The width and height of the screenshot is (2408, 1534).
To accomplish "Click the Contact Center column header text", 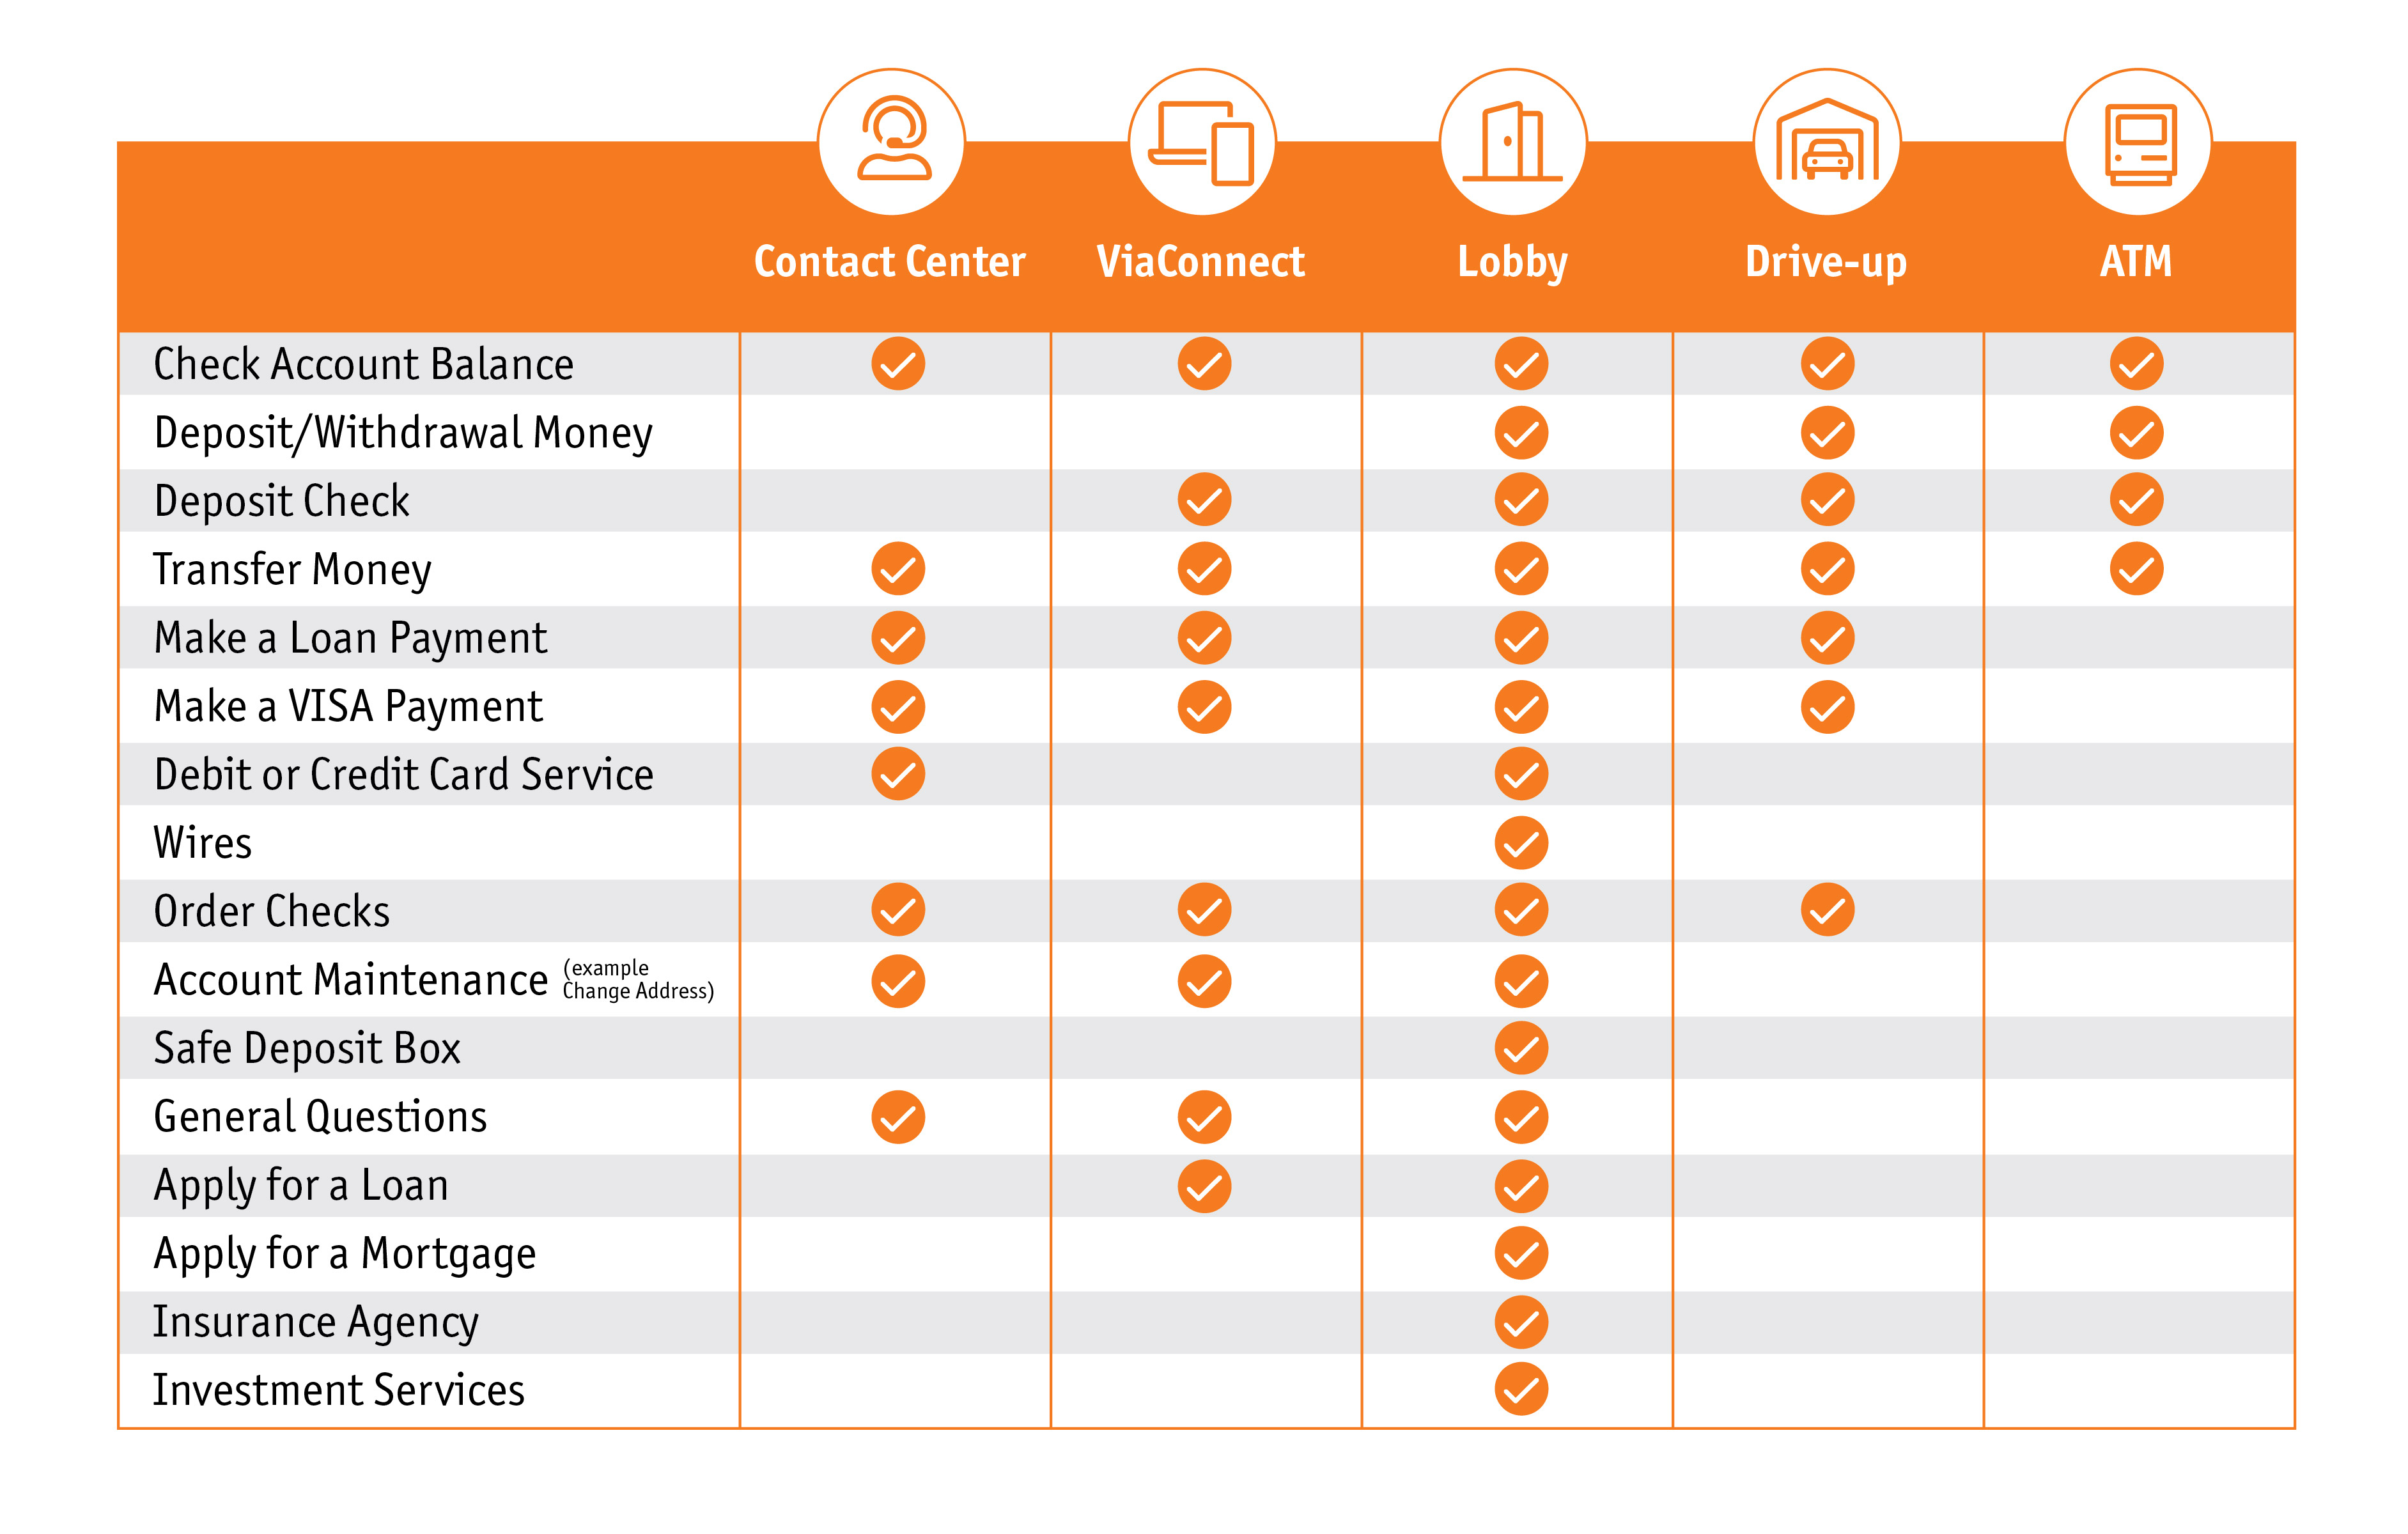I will pos(889,262).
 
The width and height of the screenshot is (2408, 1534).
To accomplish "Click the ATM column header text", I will pos(2135,262).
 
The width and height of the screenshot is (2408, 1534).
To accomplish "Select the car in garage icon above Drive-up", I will pos(1827,141).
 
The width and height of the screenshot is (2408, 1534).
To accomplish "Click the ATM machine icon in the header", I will pos(2138,141).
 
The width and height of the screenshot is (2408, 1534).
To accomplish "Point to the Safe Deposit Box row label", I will pos(307,1048).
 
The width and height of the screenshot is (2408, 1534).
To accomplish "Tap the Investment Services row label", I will pos(338,1390).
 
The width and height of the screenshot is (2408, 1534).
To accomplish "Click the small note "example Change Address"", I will pos(637,980).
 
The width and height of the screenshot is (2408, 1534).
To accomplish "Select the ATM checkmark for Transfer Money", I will pos(2136,569).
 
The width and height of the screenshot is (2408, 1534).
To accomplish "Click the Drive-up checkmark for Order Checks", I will pos(1827,910).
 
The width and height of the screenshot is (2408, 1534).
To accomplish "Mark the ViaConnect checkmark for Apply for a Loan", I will pos(1204,1186).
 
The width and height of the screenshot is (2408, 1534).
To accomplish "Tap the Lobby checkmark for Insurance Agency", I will pos(1521,1322).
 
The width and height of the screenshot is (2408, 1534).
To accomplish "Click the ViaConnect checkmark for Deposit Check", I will pos(1204,500).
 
